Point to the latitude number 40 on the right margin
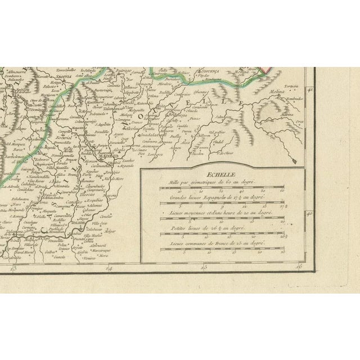tap(309, 214)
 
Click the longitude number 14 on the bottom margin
tap(110, 268)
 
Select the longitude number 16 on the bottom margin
tap(299, 267)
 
